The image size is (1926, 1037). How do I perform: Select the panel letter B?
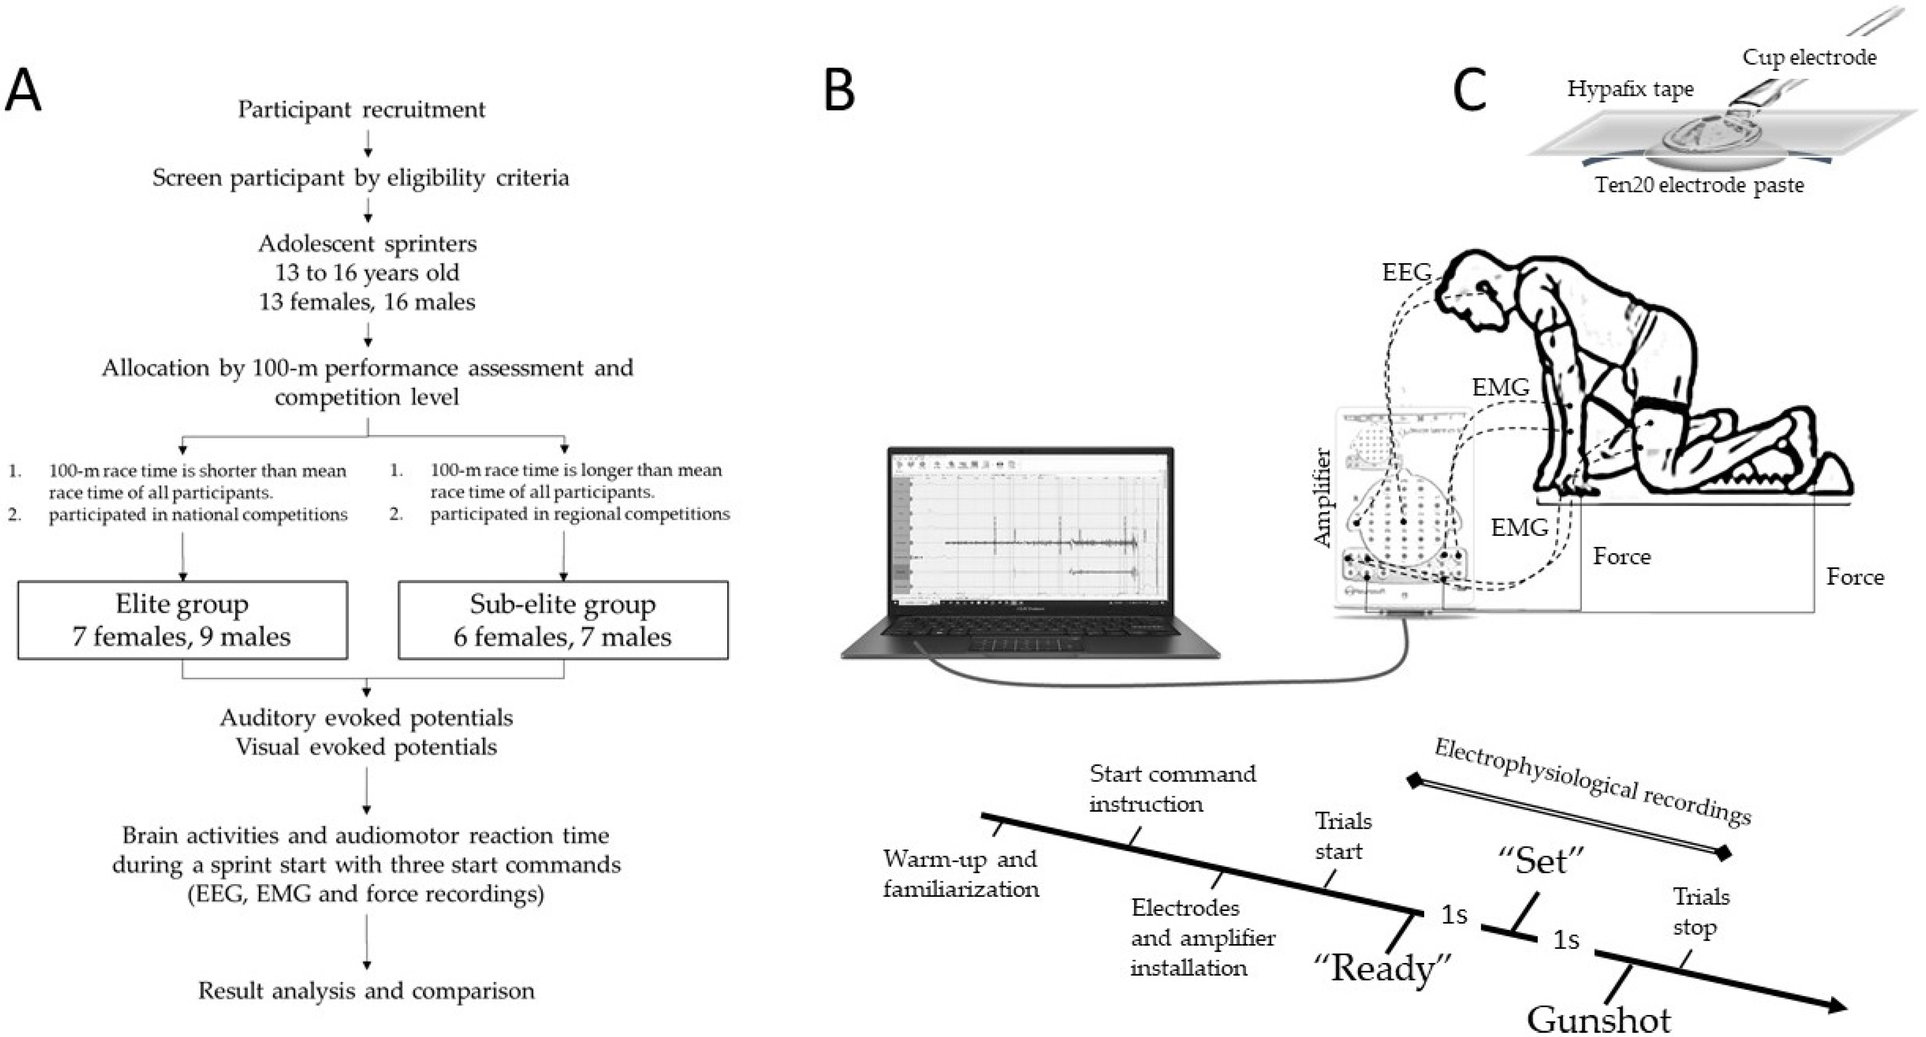coord(839,92)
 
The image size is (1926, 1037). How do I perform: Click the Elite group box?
coord(183,620)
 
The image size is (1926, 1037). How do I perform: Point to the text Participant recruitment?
coord(362,109)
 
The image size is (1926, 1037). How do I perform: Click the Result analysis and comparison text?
coord(367,991)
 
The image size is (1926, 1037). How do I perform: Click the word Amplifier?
coord(1322,497)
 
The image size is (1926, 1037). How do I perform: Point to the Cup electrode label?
coord(1809,57)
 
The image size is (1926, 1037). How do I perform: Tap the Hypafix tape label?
coord(1630,89)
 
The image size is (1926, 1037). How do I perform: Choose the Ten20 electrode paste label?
coord(1699,184)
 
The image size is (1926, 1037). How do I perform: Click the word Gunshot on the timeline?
coord(1598,1019)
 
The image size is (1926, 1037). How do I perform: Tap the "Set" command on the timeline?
coord(1541,861)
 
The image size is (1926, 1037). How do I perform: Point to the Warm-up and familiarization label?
coord(961,873)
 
